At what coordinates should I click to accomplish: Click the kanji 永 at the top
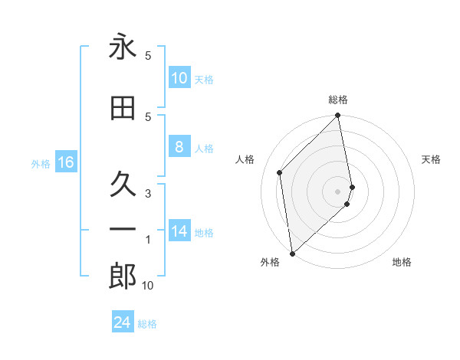point(123,47)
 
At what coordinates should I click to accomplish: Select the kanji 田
point(123,110)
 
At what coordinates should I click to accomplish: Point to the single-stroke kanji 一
point(123,229)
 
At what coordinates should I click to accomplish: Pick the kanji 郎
point(123,277)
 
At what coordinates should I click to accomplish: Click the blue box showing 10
point(179,77)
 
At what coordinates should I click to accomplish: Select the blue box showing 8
point(179,148)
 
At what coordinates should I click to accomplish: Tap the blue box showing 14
point(179,231)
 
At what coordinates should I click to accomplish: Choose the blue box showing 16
point(65,162)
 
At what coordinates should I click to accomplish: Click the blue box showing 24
point(122,322)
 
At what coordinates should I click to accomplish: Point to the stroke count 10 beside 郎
point(148,286)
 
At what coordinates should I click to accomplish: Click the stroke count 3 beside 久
point(148,193)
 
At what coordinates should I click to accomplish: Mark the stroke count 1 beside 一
point(148,240)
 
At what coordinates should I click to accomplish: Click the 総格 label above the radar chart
point(338,100)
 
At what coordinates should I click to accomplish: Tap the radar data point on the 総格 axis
point(338,116)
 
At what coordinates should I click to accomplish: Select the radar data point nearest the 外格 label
point(292,253)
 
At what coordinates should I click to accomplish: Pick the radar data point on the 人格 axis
point(280,172)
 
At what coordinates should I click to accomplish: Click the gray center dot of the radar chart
point(338,191)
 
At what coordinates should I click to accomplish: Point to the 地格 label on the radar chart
point(402,262)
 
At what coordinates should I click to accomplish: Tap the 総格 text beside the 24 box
point(147,324)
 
